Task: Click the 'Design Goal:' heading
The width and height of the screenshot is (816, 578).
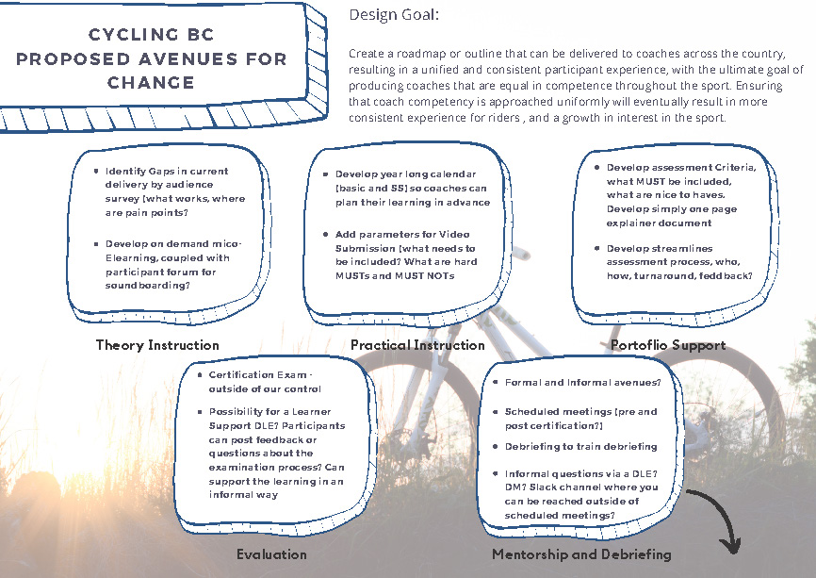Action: (x=393, y=15)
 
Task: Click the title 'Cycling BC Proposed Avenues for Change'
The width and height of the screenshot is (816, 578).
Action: (x=151, y=58)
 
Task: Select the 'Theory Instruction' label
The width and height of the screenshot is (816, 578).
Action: (x=157, y=345)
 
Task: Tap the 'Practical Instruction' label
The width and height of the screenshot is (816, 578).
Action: (x=417, y=345)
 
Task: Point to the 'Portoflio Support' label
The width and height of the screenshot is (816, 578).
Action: (x=668, y=345)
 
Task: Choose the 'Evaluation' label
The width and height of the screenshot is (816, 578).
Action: (x=271, y=554)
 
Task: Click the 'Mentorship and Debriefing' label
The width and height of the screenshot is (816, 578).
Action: (x=581, y=554)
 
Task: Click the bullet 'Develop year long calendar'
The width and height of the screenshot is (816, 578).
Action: (x=413, y=188)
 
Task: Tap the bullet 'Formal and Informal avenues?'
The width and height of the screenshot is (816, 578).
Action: (x=581, y=383)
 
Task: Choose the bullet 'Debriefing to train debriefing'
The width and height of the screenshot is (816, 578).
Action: (x=581, y=446)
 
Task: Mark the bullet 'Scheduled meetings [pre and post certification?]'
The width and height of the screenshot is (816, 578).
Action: (x=581, y=419)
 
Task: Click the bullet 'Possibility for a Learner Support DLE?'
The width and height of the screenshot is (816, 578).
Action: (x=276, y=453)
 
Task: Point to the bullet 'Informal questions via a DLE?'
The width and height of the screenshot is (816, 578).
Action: (x=581, y=494)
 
